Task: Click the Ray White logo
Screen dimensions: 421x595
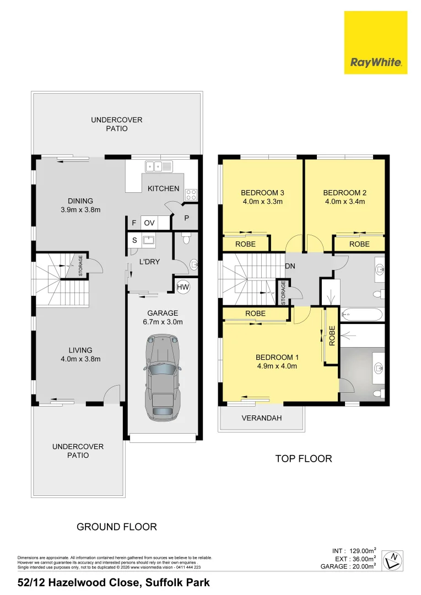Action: (375, 42)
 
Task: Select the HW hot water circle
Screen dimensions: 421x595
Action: (183, 287)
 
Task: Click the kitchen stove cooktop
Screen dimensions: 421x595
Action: (191, 194)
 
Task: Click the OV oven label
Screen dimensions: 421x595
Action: (149, 223)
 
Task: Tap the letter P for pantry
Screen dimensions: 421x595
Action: (186, 218)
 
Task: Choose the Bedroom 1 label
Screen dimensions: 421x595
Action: (277, 357)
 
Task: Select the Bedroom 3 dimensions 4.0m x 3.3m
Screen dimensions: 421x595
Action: (263, 202)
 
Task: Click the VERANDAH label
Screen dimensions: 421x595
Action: (262, 418)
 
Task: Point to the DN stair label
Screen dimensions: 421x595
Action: (290, 266)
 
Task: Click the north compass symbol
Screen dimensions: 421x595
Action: (392, 560)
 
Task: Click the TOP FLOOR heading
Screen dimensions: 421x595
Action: (304, 458)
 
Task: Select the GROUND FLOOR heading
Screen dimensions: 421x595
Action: (116, 527)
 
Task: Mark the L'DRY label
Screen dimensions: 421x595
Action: (149, 262)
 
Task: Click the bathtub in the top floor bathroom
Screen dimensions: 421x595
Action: (362, 314)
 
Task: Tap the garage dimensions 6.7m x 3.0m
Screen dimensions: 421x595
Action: (163, 322)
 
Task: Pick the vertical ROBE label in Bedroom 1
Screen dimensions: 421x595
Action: (332, 336)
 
